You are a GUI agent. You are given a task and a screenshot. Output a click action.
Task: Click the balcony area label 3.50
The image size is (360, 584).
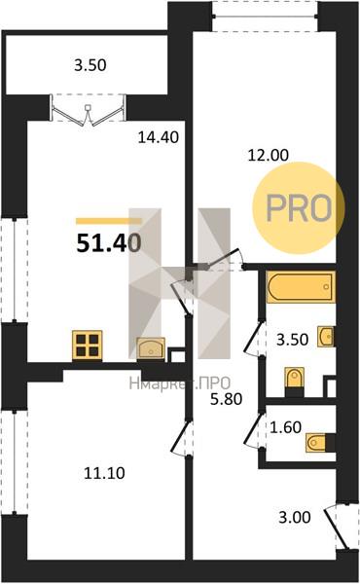click(x=90, y=65)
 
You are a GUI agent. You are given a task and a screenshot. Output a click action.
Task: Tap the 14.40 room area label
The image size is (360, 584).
click(x=159, y=137)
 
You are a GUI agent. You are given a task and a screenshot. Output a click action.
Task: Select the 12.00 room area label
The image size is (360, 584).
click(x=268, y=155)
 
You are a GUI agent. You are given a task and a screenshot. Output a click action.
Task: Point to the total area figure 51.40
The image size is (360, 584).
click(x=109, y=244)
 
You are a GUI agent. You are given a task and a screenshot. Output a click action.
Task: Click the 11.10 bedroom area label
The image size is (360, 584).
click(x=104, y=473)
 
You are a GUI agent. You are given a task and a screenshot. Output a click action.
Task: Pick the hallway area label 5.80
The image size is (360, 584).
click(x=226, y=399)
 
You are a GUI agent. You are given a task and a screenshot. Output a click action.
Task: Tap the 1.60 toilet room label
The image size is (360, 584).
click(x=285, y=427)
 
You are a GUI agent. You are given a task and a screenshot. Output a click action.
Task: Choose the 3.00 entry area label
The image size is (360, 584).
click(x=295, y=518)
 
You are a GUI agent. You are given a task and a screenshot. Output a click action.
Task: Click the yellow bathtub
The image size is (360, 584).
click(x=301, y=287)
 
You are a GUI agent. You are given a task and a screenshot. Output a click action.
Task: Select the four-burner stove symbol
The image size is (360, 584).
click(x=88, y=345)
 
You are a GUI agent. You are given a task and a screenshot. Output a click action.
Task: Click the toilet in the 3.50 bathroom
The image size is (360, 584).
click(x=295, y=381)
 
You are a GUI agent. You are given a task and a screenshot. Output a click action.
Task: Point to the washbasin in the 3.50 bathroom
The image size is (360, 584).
click(x=326, y=337)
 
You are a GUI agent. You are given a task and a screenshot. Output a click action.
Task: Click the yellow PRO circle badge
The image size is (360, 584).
click(x=299, y=208)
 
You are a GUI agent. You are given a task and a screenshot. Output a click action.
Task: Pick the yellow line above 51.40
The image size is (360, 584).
click(x=109, y=222)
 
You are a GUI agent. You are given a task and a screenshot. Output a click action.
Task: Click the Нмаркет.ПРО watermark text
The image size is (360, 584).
click(x=180, y=383)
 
